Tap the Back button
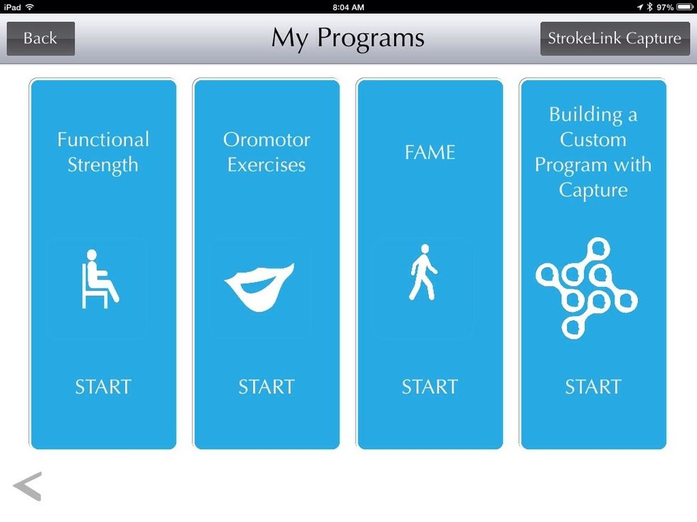pyautogui.click(x=41, y=38)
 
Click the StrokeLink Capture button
pyautogui.click(x=614, y=38)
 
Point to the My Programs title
pyautogui.click(x=348, y=38)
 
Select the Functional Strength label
pyautogui.click(x=103, y=152)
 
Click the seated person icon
pyautogui.click(x=99, y=279)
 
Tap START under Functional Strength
pyautogui.click(x=103, y=387)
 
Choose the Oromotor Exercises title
pyautogui.click(x=267, y=152)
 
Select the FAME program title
pyautogui.click(x=430, y=152)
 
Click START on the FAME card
pyautogui.click(x=430, y=387)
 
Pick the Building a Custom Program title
pyautogui.click(x=593, y=152)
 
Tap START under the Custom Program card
pyautogui.click(x=593, y=387)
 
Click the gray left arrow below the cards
pyautogui.click(x=28, y=486)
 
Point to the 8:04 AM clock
pyautogui.click(x=348, y=7)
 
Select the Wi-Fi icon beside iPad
pyautogui.click(x=29, y=7)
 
